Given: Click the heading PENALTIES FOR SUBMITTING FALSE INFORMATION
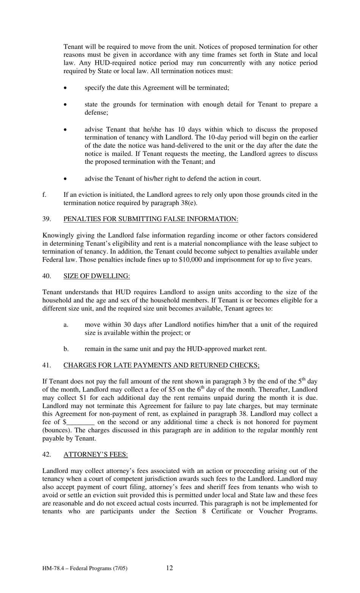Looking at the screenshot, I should [150, 219].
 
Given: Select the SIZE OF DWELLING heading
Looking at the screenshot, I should [96, 276].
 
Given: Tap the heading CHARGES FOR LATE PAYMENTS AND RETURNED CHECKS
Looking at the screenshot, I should [161, 365].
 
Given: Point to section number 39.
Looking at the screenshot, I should [47, 219].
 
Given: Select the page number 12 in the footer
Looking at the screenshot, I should [169, 568].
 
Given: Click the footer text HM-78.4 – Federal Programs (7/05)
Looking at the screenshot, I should [85, 568].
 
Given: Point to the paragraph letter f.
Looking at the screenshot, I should [44, 195].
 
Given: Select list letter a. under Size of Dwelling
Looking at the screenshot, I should [66, 325].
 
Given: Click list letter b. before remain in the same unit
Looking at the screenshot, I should [66, 349].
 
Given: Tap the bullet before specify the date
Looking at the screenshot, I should [66, 88].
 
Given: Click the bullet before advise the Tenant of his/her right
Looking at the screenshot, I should [66, 179].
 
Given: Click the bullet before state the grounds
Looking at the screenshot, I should [66, 105].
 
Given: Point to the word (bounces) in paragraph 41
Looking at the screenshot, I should [57, 430].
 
